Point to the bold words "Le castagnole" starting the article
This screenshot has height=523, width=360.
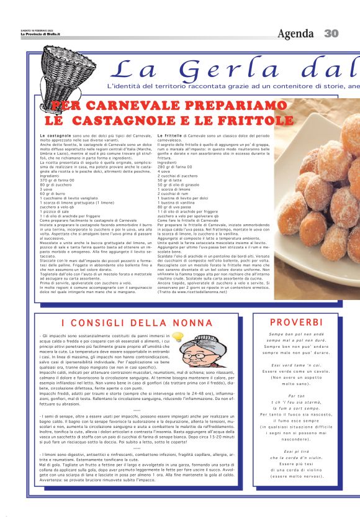coord(55,135)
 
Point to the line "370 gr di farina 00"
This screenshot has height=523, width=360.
coord(56,180)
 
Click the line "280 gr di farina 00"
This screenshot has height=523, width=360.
coord(174,167)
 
